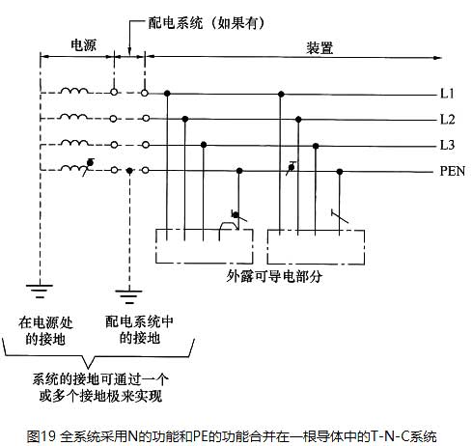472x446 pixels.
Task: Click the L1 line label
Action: coord(447,94)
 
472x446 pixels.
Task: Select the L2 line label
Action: coord(448,120)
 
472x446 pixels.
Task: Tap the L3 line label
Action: coord(448,145)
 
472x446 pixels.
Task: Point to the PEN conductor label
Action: coord(453,171)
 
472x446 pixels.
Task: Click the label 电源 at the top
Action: coord(83,45)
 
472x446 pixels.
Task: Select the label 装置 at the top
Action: coord(319,48)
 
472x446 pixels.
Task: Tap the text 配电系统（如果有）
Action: coord(207,23)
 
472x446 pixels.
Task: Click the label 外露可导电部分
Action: coord(274,276)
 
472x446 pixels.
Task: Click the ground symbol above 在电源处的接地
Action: coord(40,291)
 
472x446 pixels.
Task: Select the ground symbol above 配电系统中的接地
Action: coord(129,296)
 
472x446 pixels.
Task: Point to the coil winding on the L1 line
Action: coord(74,91)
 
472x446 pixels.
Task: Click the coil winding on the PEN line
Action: coord(73,168)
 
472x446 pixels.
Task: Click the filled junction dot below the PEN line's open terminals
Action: coord(129,171)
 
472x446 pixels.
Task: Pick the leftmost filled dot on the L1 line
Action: coord(167,94)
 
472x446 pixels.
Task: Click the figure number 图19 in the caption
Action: coord(42,436)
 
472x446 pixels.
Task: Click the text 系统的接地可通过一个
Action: coord(100,379)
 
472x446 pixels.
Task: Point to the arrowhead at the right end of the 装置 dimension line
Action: coord(437,58)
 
